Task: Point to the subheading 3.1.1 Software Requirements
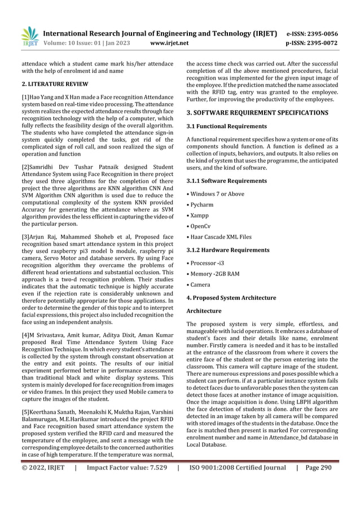coord(226,181)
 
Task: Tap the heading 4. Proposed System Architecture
coord(231,297)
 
